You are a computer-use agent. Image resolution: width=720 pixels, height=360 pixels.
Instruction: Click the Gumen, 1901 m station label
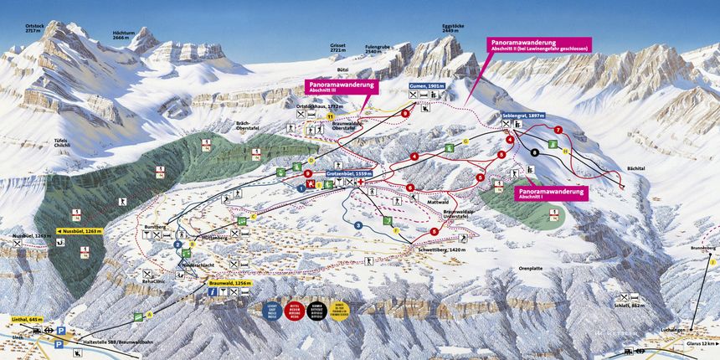coord(426,86)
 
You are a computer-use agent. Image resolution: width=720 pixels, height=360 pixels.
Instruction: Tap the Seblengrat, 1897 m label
coord(524,115)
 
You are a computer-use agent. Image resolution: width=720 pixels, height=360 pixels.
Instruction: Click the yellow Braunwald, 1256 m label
coord(230,283)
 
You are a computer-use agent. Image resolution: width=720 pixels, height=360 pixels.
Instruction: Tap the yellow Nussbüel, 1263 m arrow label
coord(79,229)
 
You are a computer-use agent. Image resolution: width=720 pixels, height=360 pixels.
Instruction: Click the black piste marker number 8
coord(534,152)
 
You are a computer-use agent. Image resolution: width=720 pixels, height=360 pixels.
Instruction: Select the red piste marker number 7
coord(558,130)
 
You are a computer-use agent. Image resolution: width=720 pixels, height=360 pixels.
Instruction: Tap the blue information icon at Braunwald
coord(213,292)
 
